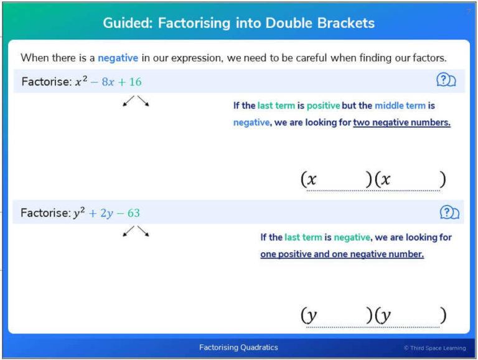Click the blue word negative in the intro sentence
pos(118,58)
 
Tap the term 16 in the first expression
pos(134,82)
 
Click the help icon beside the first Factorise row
pos(446,80)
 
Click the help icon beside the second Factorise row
pos(449,212)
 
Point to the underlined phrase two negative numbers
pos(401,123)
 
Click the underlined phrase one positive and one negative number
pos(342,255)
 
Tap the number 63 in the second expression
pos(133,213)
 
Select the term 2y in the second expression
pos(105,213)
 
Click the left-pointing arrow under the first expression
pos(129,102)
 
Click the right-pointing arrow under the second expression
pos(144,232)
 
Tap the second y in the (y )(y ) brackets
pos(385,315)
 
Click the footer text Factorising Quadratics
pos(238,347)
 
